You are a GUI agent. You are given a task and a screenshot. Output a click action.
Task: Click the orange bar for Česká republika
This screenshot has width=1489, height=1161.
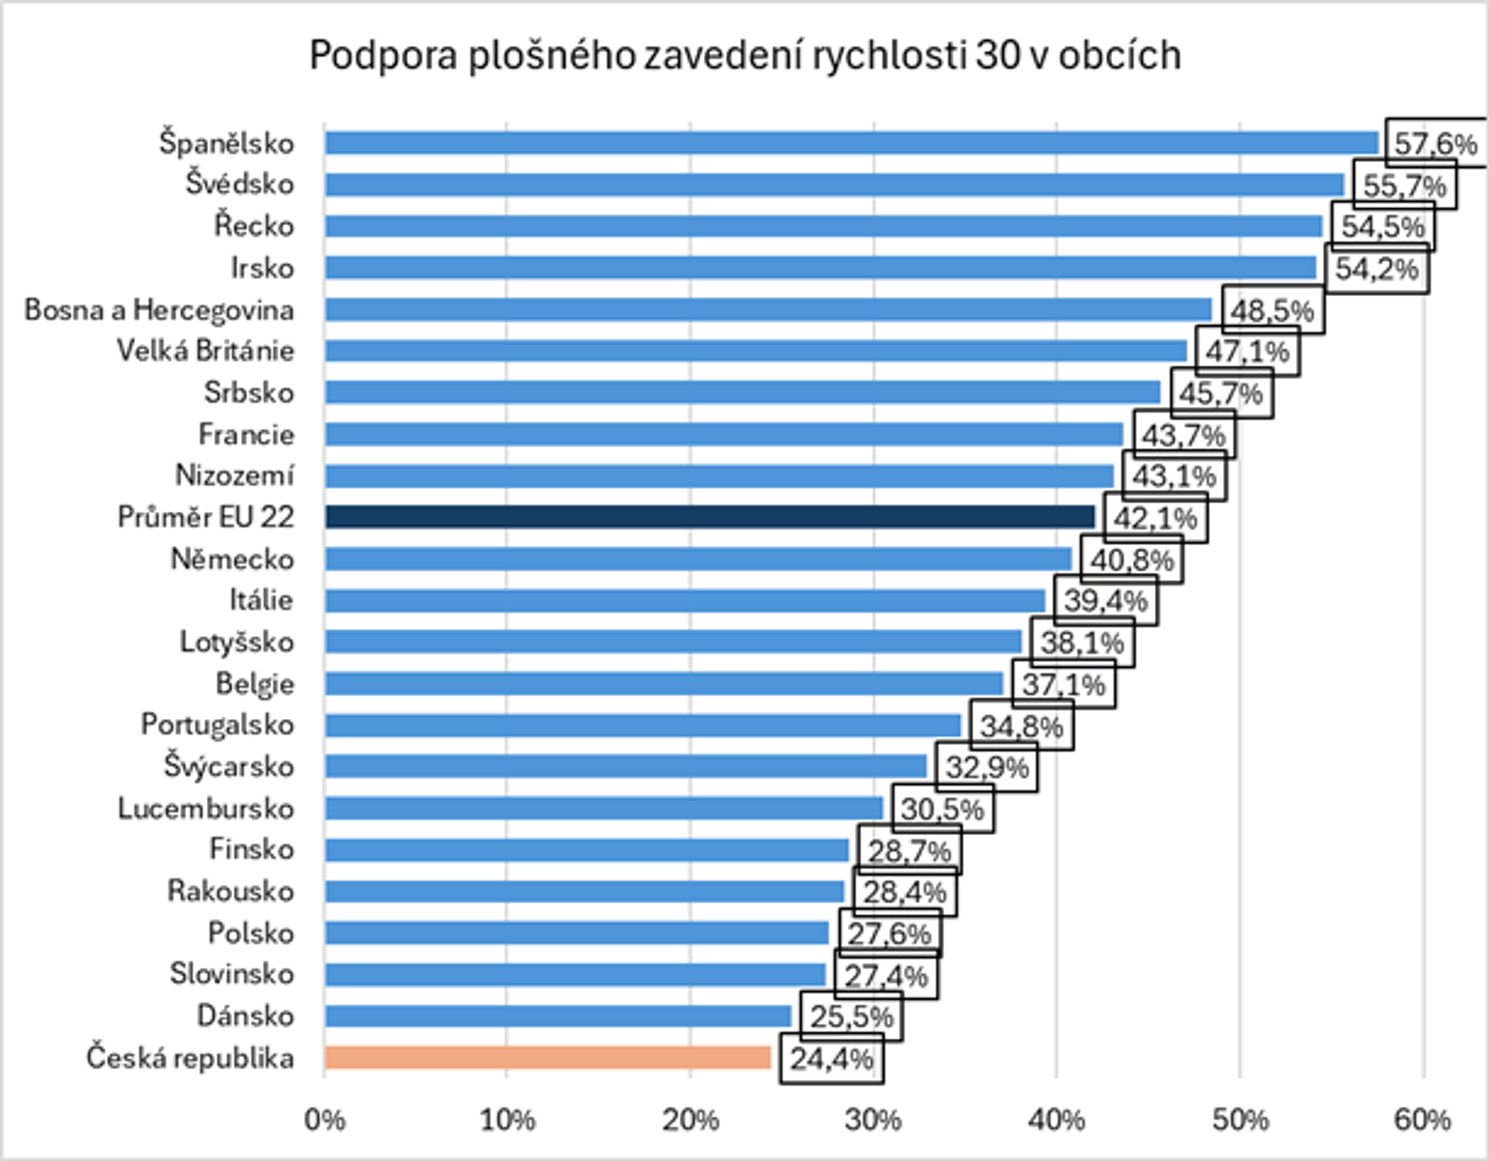pyautogui.click(x=547, y=1057)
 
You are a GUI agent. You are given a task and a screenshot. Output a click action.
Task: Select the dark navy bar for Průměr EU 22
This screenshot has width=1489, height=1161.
pyautogui.click(x=709, y=517)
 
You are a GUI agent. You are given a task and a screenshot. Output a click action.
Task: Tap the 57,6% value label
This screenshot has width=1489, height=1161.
pyautogui.click(x=1435, y=144)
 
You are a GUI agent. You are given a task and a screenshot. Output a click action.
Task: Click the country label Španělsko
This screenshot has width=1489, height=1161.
pyautogui.click(x=226, y=143)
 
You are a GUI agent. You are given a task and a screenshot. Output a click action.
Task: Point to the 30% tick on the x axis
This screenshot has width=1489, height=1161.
pyautogui.click(x=873, y=1120)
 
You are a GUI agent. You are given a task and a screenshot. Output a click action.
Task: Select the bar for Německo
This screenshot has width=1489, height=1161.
pyautogui.click(x=698, y=559)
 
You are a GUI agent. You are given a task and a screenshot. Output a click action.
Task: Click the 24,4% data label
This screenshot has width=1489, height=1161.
pyautogui.click(x=831, y=1059)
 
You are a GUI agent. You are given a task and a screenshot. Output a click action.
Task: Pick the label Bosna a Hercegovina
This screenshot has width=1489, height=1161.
pyautogui.click(x=159, y=310)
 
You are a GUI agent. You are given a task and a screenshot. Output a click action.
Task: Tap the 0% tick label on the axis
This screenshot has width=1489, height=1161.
pyautogui.click(x=324, y=1120)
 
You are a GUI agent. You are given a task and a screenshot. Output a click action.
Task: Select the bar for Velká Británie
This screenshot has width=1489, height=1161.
pyautogui.click(x=756, y=351)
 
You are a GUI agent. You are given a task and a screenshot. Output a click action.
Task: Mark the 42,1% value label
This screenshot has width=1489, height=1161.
pyautogui.click(x=1155, y=518)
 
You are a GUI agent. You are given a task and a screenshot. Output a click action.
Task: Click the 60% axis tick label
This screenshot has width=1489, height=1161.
pyautogui.click(x=1422, y=1120)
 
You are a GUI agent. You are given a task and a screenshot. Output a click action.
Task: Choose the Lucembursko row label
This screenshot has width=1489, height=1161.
pyautogui.click(x=206, y=808)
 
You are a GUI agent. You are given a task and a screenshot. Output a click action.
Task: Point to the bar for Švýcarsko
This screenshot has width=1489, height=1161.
pyautogui.click(x=626, y=766)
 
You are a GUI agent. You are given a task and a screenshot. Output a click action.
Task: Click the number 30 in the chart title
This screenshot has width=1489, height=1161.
pyautogui.click(x=998, y=55)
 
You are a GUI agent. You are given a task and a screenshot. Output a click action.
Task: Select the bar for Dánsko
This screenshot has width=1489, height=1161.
pyautogui.click(x=558, y=1016)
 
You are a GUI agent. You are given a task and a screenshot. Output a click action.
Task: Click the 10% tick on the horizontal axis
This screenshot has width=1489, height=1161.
pyautogui.click(x=506, y=1120)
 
